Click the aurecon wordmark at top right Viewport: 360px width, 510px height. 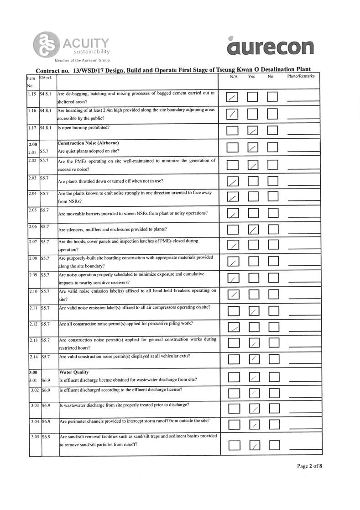pos(270,47)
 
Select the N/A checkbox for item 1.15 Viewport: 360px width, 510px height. pos(233,97)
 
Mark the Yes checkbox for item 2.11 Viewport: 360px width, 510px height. pos(253,311)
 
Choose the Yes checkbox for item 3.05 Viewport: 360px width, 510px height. pos(255,445)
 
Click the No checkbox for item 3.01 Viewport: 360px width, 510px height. pos(273,377)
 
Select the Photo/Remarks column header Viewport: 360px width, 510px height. pos(301,76)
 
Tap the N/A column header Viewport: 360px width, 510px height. pos(234,76)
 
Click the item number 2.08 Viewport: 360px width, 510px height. pos(32,258)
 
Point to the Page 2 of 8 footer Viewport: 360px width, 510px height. pos(310,466)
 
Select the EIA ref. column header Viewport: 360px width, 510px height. pos(46,77)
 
